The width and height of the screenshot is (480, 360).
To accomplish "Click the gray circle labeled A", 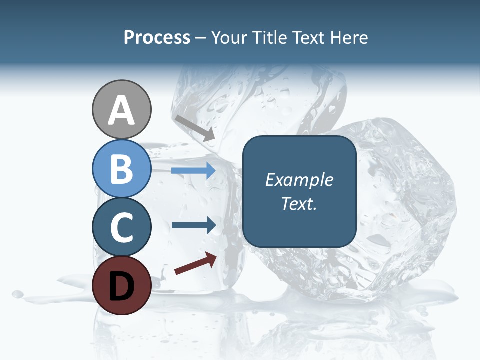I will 121,109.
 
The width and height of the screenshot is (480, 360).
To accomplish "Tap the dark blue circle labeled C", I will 121,227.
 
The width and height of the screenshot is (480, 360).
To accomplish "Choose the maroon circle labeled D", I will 121,285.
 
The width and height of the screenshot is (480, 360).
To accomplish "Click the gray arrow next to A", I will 195,128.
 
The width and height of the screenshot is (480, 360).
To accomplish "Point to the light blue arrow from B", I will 193,171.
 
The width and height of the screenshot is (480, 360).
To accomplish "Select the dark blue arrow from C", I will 193,225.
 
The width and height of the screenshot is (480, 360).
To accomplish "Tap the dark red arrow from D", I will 195,263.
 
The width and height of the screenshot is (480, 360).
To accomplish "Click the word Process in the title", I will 157,38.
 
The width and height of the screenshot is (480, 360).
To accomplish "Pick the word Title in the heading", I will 268,38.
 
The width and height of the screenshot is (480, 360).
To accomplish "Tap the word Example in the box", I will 299,180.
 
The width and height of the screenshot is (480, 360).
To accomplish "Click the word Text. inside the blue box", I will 299,203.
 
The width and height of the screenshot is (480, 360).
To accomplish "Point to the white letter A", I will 121,111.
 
